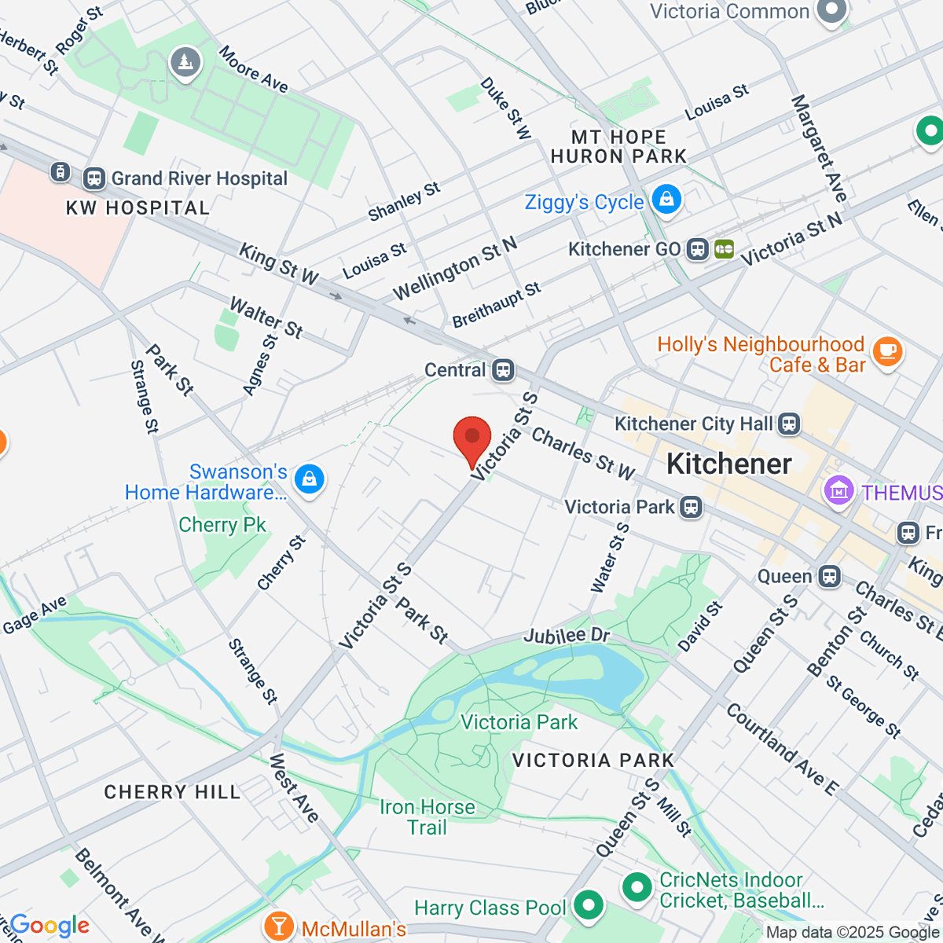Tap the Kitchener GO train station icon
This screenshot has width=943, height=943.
697,250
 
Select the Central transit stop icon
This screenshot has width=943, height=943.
504,369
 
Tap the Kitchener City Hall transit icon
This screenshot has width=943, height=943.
789,424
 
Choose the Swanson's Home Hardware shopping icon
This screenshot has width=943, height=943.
309,479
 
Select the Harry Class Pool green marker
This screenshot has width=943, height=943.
588,905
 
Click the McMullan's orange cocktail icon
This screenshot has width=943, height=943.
278,926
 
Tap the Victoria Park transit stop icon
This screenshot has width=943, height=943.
692,507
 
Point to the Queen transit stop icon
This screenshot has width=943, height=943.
829,576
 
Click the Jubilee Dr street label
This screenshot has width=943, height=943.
567,635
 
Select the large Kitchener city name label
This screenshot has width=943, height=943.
729,464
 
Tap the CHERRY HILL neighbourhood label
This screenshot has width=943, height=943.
172,791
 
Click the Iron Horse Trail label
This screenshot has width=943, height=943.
427,817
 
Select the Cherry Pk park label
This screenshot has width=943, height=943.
222,525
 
